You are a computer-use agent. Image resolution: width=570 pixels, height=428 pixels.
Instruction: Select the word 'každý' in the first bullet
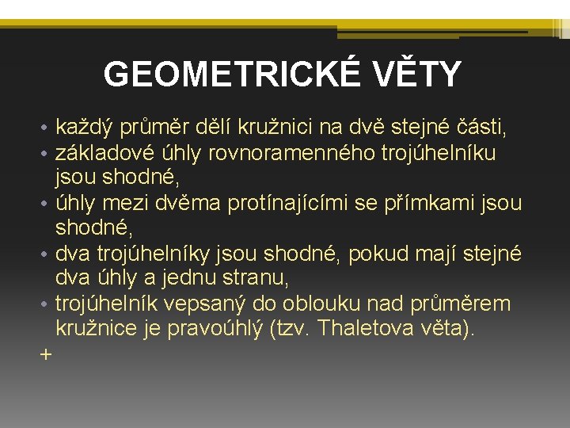[x=85, y=127]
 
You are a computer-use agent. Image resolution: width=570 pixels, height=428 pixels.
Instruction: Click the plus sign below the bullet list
[x=44, y=355]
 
